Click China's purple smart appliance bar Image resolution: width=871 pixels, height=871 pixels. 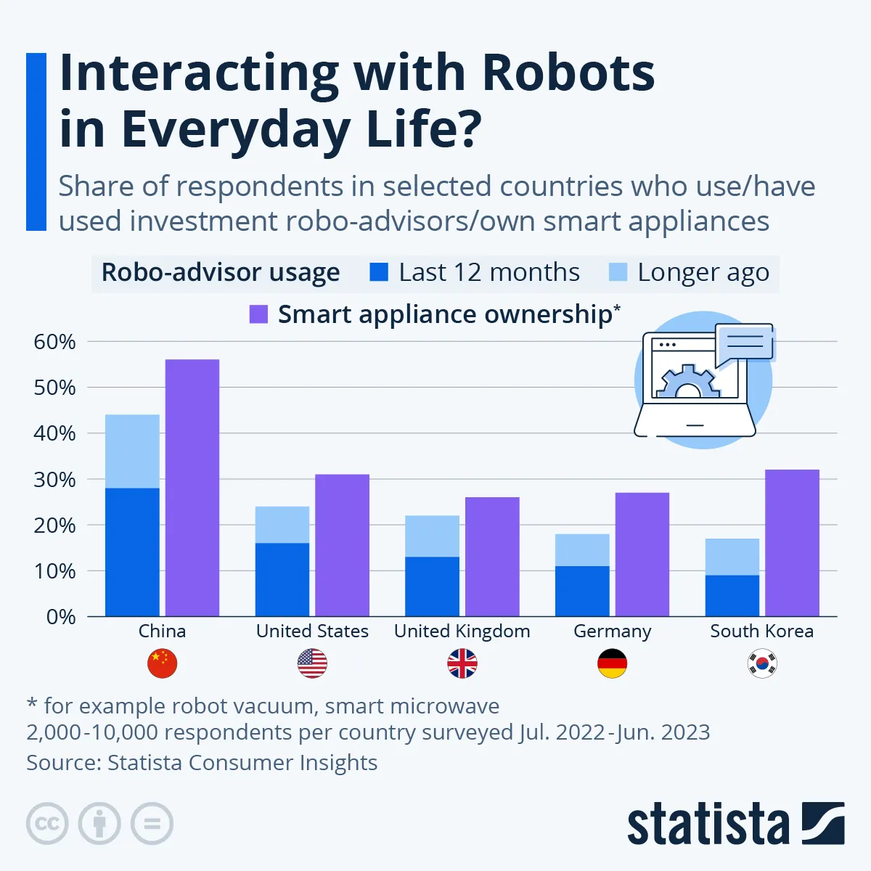(x=192, y=488)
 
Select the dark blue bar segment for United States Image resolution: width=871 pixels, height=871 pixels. (x=282, y=579)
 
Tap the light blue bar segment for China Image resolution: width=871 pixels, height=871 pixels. (x=132, y=451)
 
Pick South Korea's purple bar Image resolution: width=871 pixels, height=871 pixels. (x=792, y=543)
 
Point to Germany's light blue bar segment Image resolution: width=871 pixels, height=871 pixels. (x=582, y=550)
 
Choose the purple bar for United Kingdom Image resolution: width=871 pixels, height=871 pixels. (x=492, y=557)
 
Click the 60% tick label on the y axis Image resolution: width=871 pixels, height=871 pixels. (x=54, y=342)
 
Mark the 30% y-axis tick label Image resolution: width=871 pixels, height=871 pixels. (x=54, y=480)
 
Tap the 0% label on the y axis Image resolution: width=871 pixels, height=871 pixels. (x=60, y=617)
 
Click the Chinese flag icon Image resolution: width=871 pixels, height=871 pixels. (x=162, y=663)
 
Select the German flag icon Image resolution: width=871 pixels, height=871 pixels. (x=612, y=663)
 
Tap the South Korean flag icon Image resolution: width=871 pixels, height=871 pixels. (x=762, y=663)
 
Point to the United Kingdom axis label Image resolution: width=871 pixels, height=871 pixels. (x=462, y=631)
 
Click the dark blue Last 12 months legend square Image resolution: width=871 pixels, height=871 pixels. (x=379, y=272)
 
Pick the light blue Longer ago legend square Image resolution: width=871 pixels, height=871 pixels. (x=618, y=272)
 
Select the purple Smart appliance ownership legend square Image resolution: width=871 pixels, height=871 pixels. (x=258, y=314)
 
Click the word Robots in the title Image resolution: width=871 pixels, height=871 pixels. (x=568, y=73)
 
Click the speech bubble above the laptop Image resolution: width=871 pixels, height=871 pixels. (x=744, y=343)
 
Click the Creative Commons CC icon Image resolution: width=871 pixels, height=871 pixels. (x=47, y=824)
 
